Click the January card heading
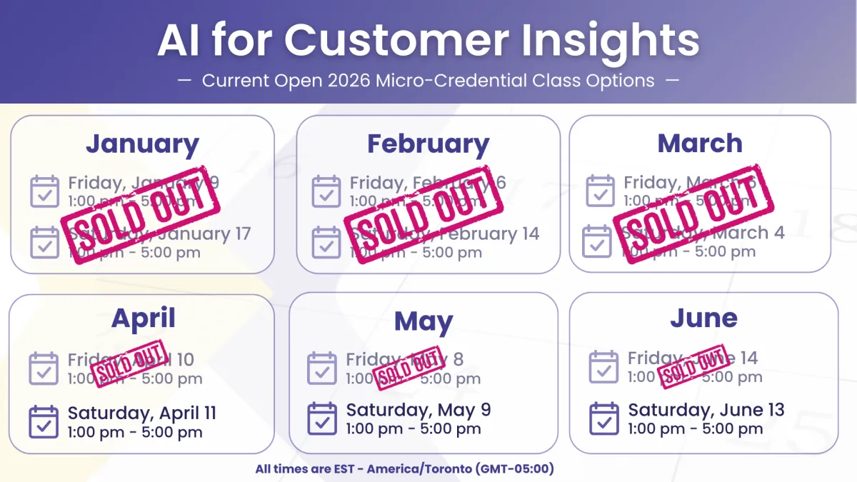click(142, 144)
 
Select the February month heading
click(428, 144)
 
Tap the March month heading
click(700, 144)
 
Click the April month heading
click(143, 318)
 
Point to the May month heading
click(424, 322)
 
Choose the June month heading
click(703, 318)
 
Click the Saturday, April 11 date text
click(141, 413)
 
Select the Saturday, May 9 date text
click(419, 411)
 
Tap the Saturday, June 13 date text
click(706, 410)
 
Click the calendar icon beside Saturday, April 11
click(44, 422)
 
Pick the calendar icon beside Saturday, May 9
click(322, 418)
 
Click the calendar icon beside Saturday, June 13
click(604, 418)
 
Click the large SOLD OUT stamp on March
click(689, 214)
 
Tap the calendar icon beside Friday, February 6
click(326, 191)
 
